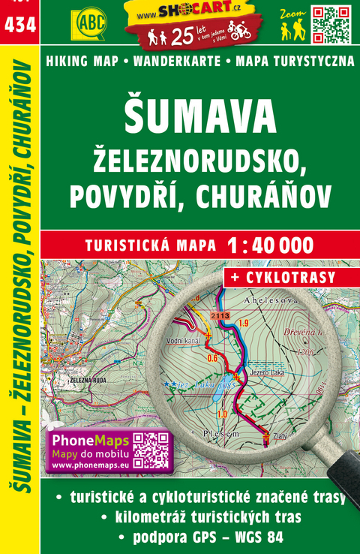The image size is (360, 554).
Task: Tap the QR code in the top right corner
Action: coord(330,23)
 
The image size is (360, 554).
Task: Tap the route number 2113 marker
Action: coord(220,316)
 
